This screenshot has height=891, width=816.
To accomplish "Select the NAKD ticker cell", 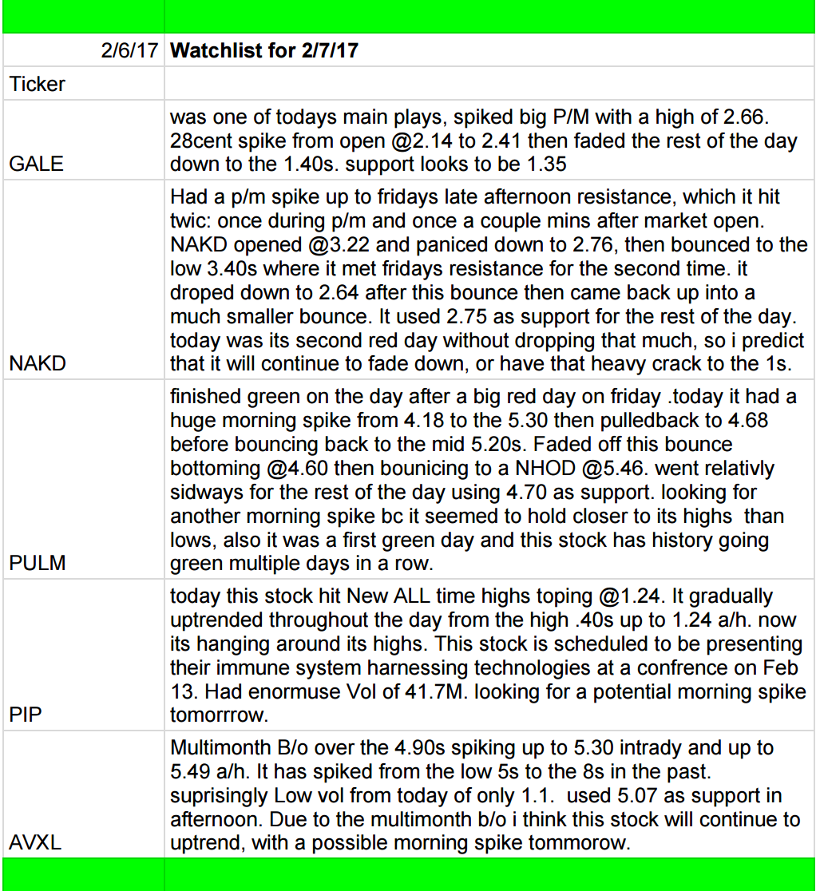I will [38, 364].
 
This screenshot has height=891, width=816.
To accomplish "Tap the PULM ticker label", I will [38, 564].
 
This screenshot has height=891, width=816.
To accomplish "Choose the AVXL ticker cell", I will [36, 842].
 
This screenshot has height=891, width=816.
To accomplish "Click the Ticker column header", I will [38, 84].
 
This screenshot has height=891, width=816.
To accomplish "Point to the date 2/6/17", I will [130, 51].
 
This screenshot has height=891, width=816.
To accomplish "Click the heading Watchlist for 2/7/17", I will [264, 51].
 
